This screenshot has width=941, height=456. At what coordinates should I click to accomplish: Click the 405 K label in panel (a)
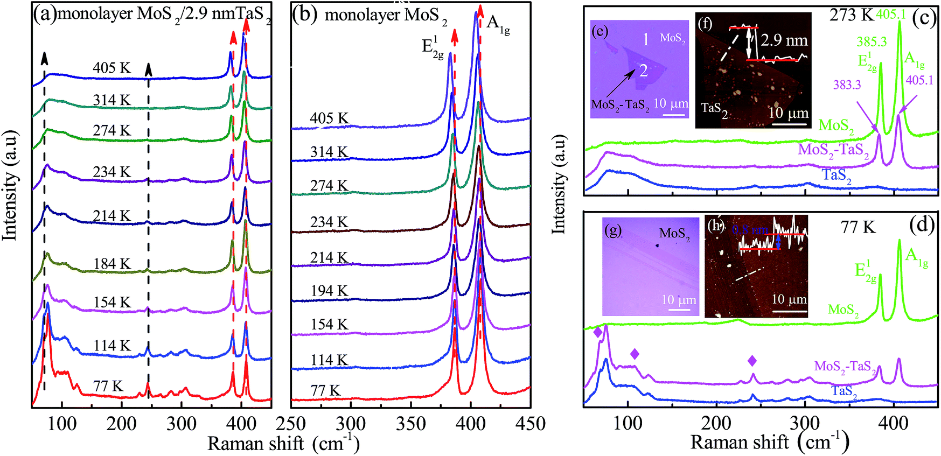coord(111,68)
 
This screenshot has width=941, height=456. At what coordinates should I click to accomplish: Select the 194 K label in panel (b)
coord(329,291)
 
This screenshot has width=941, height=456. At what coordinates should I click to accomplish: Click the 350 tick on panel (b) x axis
coord(410,424)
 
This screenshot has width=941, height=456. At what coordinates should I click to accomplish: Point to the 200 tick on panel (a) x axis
coord(121,424)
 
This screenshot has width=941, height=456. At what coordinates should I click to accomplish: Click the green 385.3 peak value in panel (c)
coord(871,42)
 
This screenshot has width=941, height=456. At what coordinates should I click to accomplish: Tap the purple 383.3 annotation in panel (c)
coord(847,85)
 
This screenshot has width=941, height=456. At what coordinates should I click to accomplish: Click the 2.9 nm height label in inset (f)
coord(784,40)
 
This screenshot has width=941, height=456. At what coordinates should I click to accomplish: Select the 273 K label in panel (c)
coord(851,15)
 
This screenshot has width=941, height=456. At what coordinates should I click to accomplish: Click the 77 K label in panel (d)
coord(858,227)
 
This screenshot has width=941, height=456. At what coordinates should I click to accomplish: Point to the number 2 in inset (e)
coord(643,71)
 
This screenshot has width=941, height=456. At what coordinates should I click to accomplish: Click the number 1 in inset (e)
coord(646,39)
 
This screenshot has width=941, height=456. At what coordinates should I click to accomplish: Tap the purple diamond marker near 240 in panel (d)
coord(752,361)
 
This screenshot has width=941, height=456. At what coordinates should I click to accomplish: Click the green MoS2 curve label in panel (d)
coord(843,310)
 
